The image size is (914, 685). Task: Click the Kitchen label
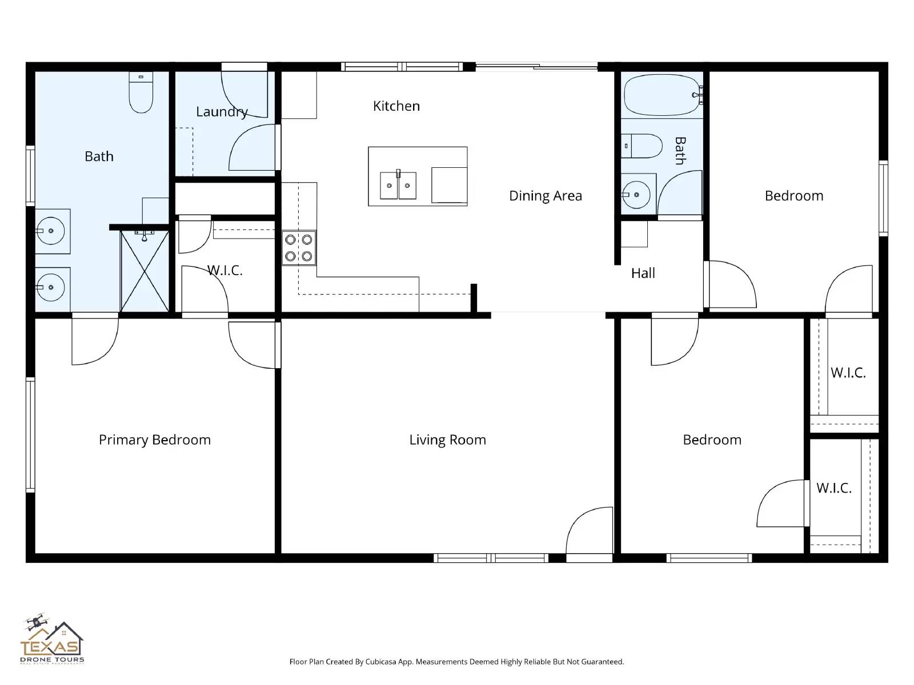(x=396, y=106)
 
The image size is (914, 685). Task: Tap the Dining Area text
(x=545, y=196)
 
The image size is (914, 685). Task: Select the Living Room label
(x=447, y=440)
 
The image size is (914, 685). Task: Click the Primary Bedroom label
(x=155, y=440)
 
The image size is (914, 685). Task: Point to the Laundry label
(x=222, y=112)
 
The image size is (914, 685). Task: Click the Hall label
(x=643, y=273)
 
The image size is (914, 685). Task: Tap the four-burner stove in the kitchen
(x=299, y=248)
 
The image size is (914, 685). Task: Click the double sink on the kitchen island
(x=398, y=185)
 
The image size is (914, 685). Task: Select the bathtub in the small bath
(x=662, y=95)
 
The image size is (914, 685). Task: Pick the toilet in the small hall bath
(x=641, y=146)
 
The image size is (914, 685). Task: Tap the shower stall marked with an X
(x=145, y=271)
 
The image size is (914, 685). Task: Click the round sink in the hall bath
(x=636, y=195)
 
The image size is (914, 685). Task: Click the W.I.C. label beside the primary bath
(x=225, y=271)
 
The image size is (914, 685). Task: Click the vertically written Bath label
(x=680, y=151)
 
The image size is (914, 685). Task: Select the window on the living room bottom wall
(x=491, y=558)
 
